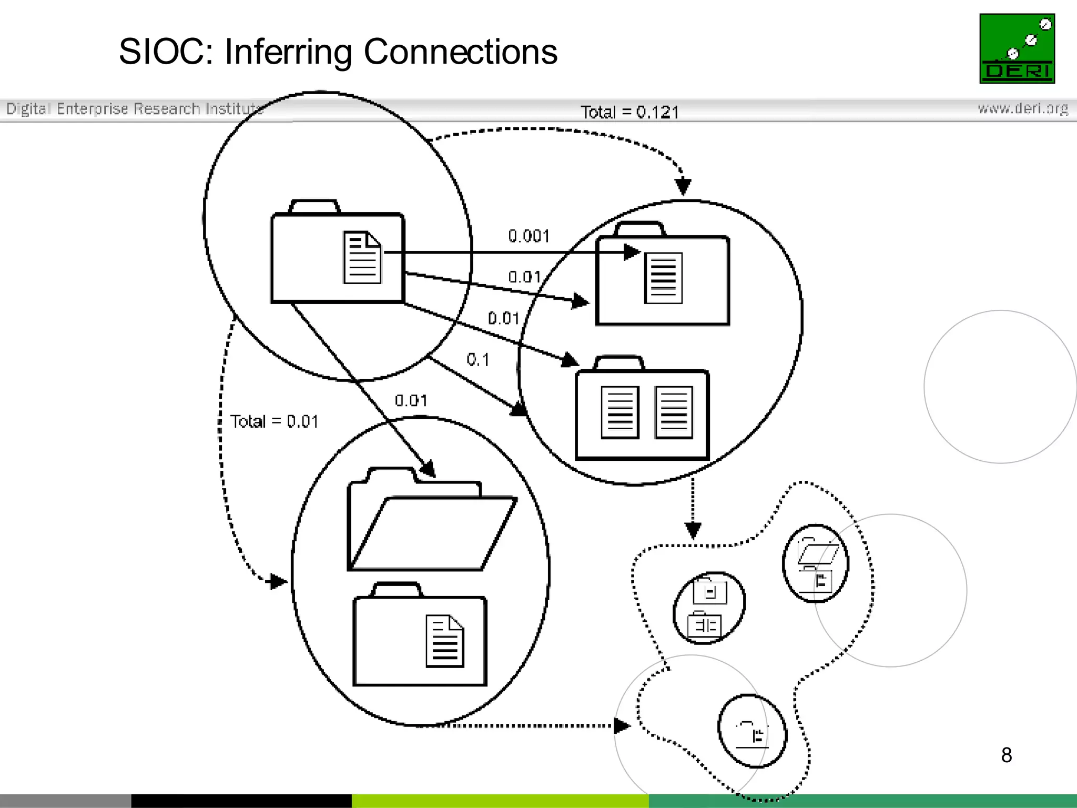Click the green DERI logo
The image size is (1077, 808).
click(1017, 48)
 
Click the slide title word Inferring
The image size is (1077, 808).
click(288, 53)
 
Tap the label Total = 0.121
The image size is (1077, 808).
click(629, 112)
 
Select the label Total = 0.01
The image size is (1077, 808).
click(274, 421)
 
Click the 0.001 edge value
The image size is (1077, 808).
click(529, 236)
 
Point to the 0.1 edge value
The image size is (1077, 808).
click(477, 360)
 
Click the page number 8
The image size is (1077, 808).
click(1006, 755)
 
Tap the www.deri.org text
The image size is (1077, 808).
click(1022, 108)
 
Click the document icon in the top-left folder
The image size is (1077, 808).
click(362, 258)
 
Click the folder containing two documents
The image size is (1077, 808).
click(642, 410)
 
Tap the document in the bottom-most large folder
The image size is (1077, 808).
click(445, 641)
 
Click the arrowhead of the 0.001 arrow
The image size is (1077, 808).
click(632, 252)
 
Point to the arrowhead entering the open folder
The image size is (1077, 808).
click(428, 469)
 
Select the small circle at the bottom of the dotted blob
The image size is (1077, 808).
click(752, 731)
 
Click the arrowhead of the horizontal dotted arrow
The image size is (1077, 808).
click(622, 726)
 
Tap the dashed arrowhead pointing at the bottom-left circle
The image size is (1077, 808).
click(278, 581)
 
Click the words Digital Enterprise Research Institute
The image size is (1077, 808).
click(134, 108)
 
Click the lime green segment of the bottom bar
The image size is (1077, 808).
click(500, 801)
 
